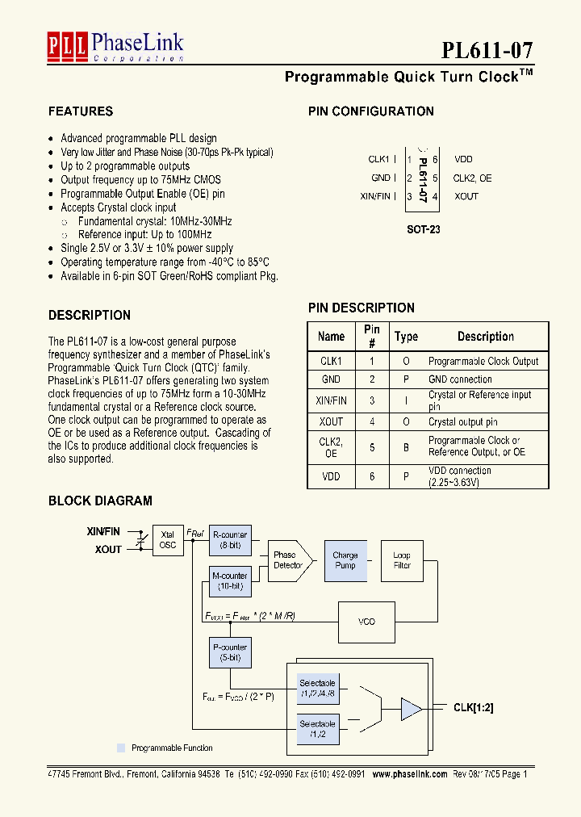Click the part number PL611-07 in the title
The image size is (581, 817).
click(487, 50)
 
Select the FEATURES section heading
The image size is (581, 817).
click(81, 111)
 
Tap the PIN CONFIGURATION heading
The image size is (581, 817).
click(371, 111)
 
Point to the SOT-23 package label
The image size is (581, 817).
click(424, 229)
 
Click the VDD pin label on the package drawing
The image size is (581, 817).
click(463, 160)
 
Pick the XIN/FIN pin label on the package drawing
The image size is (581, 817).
click(375, 196)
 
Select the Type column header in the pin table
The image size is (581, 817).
click(406, 337)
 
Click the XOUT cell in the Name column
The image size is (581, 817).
click(331, 421)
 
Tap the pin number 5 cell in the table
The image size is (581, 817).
click(372, 446)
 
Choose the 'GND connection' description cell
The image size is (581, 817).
click(460, 379)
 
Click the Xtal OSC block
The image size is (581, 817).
click(167, 540)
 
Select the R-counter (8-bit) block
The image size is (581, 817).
click(229, 540)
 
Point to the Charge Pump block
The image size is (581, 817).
click(345, 560)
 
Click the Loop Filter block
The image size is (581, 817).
click(402, 560)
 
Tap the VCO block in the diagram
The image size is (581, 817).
click(366, 622)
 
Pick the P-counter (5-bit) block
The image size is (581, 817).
click(229, 652)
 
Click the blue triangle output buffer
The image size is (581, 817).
click(412, 710)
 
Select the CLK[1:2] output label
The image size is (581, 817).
click(473, 708)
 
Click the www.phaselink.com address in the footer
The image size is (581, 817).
click(410, 773)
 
